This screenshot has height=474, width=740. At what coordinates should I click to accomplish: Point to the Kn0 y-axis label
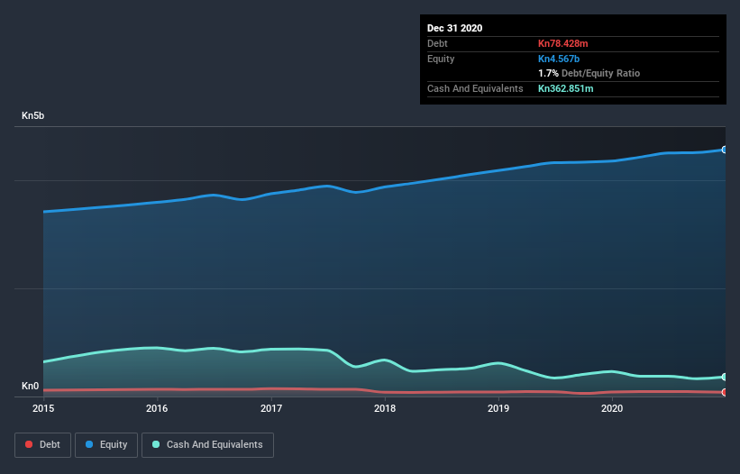(x=31, y=387)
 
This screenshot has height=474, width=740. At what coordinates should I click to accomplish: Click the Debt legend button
(x=42, y=444)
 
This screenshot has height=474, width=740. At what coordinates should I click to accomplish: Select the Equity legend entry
(x=106, y=444)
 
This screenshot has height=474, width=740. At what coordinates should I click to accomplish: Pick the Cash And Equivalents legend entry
(x=207, y=444)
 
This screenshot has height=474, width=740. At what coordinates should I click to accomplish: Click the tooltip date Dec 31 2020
(x=454, y=28)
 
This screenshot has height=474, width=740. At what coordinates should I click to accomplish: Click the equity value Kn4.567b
(x=559, y=59)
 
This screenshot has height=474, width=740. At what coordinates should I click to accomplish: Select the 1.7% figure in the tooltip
(x=548, y=73)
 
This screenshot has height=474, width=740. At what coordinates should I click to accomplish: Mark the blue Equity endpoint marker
(x=725, y=150)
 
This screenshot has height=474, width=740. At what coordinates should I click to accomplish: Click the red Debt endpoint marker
(x=725, y=392)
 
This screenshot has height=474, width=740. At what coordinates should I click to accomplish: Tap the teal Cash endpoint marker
(x=725, y=377)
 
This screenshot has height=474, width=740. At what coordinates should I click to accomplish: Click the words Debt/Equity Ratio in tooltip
(x=600, y=73)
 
